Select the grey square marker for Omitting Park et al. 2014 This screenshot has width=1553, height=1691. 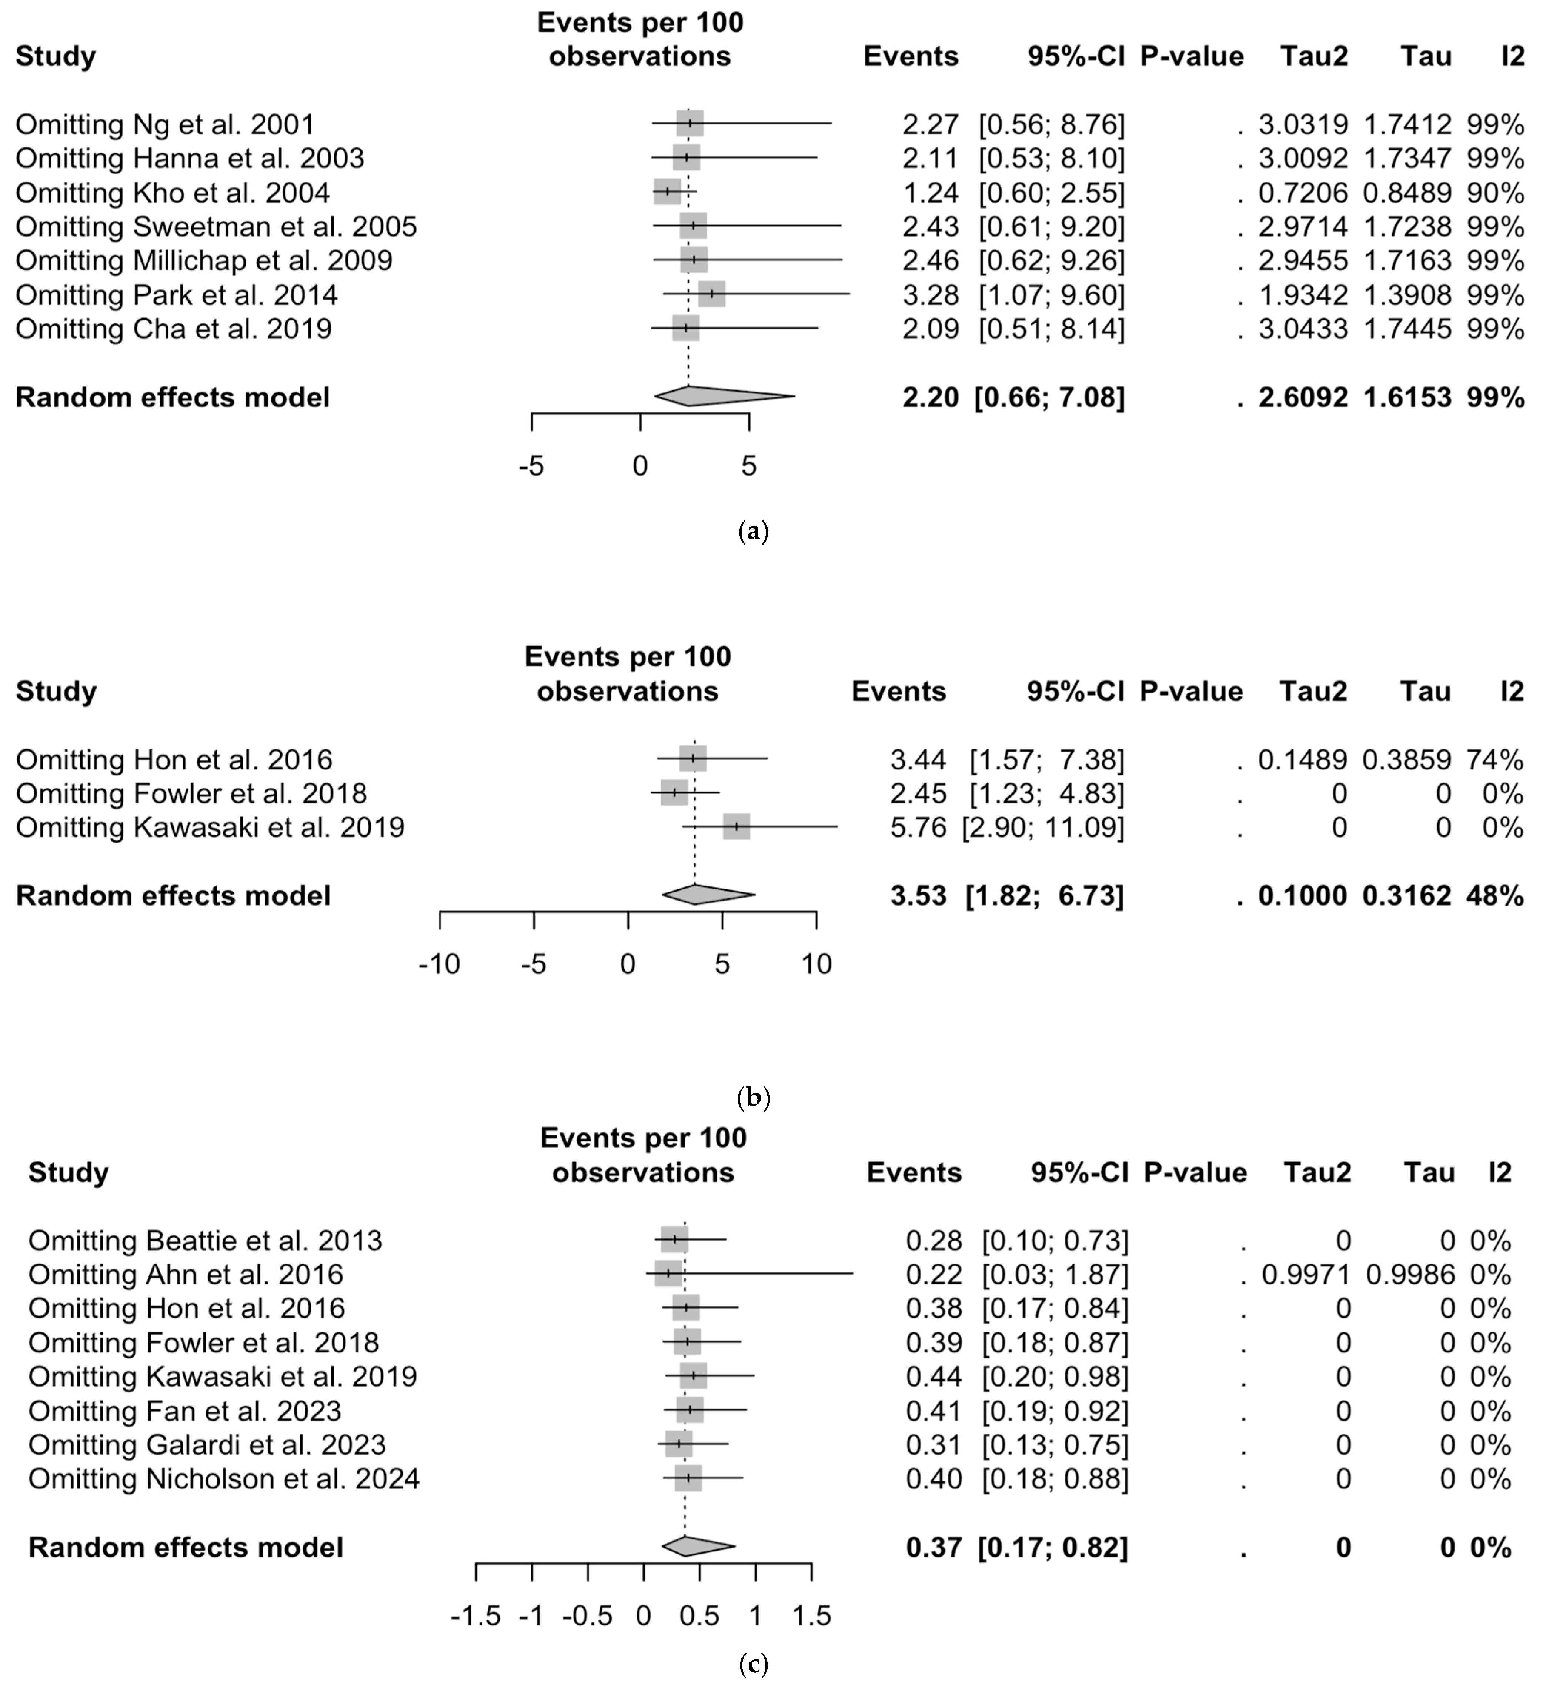click(711, 294)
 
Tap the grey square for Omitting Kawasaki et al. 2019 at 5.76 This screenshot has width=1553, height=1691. click(736, 827)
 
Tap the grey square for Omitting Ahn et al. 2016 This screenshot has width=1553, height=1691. click(668, 1273)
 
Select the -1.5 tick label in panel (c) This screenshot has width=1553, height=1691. click(476, 1615)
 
